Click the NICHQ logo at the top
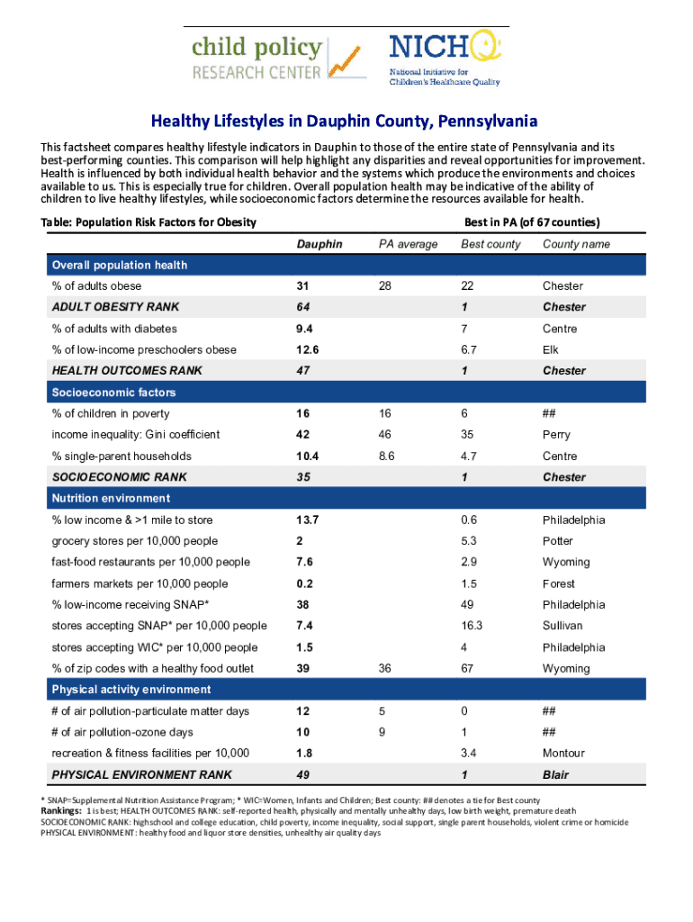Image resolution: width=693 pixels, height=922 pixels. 444,59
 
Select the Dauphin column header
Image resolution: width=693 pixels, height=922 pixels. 319,244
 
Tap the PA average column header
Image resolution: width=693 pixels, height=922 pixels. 408,244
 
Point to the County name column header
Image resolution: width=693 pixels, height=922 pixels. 576,244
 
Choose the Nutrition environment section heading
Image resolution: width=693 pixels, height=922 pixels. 111,498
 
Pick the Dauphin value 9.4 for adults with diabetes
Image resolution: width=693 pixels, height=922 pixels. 306,329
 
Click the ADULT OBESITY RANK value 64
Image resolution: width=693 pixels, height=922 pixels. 303,307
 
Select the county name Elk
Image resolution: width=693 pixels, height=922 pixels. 551,349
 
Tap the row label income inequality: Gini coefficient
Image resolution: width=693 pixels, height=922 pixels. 136,434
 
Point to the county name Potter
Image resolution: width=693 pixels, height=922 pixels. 557,541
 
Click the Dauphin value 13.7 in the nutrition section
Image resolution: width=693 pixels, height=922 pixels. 308,520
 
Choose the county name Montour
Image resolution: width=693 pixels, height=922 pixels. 563,753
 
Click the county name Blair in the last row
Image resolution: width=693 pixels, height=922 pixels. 555,774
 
